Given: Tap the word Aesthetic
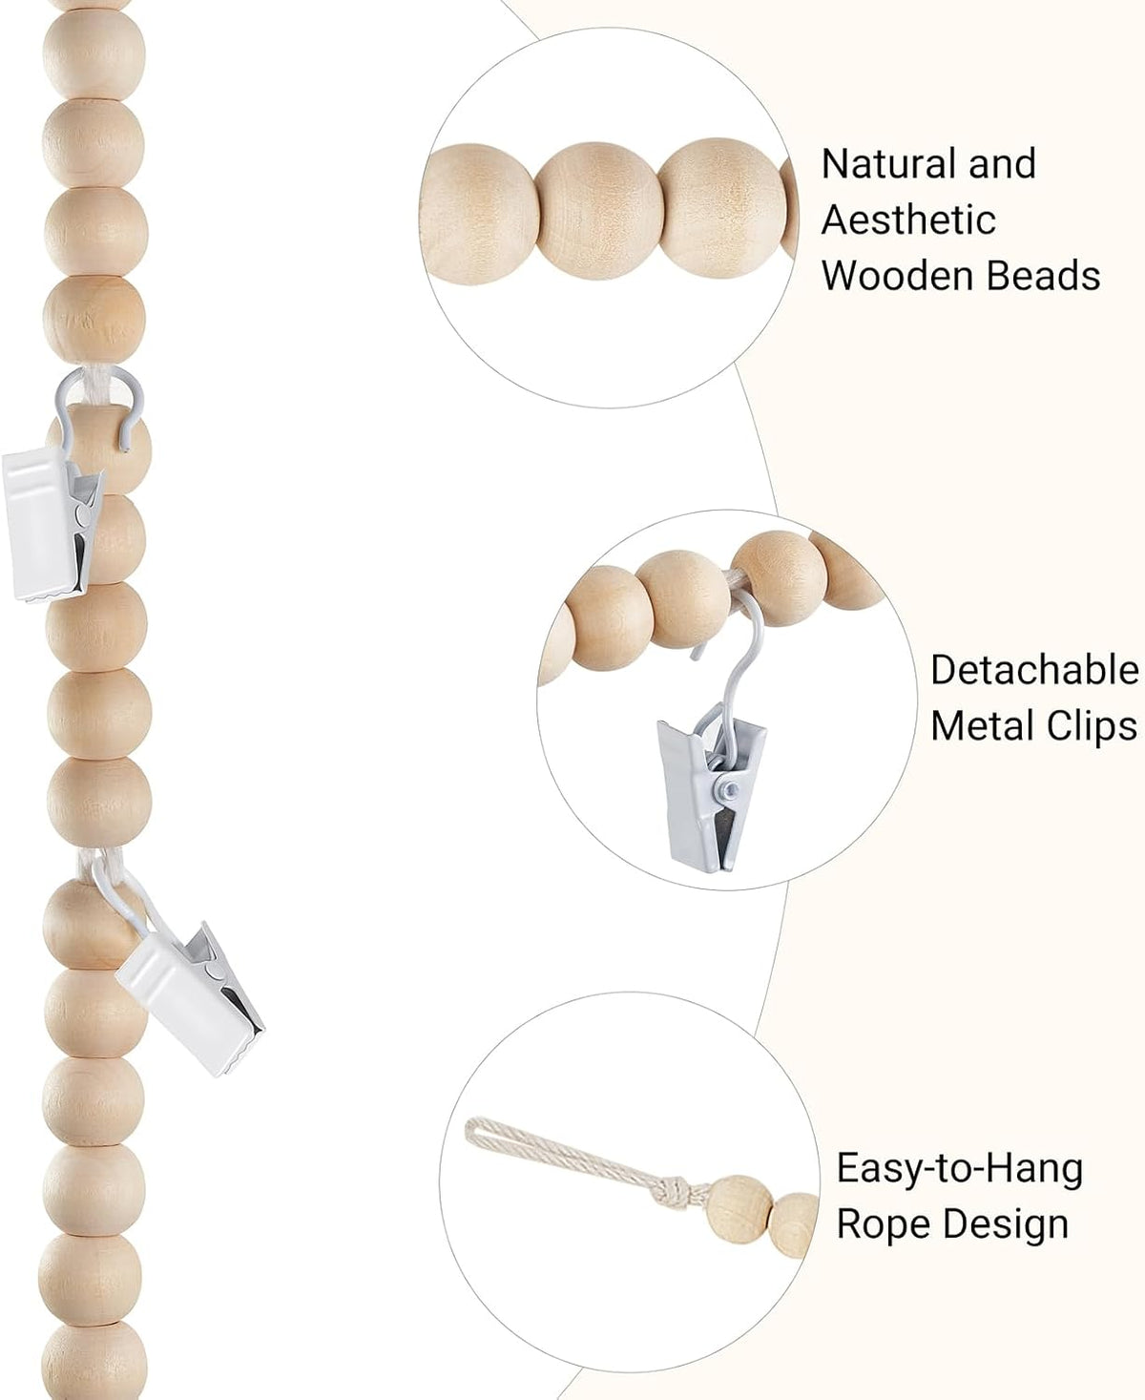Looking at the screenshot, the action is (x=908, y=219).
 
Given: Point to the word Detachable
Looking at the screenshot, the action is (x=1035, y=671).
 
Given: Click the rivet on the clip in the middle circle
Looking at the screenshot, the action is (x=730, y=788).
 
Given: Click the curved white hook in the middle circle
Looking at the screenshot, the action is (x=729, y=658).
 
